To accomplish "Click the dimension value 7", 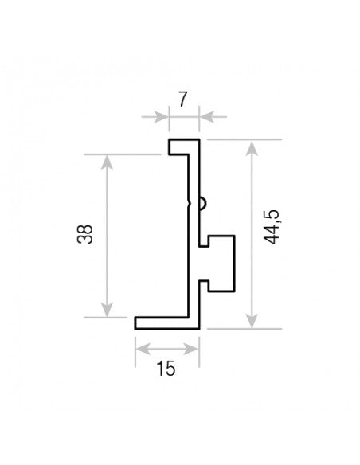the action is click(x=183, y=100).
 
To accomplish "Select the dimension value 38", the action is click(x=84, y=234).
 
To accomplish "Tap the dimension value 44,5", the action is click(x=272, y=227).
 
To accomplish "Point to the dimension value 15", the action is click(x=166, y=369).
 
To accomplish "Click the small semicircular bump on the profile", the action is click(x=203, y=204).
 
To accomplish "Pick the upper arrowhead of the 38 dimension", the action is click(x=107, y=162).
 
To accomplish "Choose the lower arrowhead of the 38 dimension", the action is click(x=107, y=310).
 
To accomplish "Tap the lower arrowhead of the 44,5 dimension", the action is click(x=252, y=321).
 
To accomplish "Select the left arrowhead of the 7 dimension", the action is click(x=162, y=117).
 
